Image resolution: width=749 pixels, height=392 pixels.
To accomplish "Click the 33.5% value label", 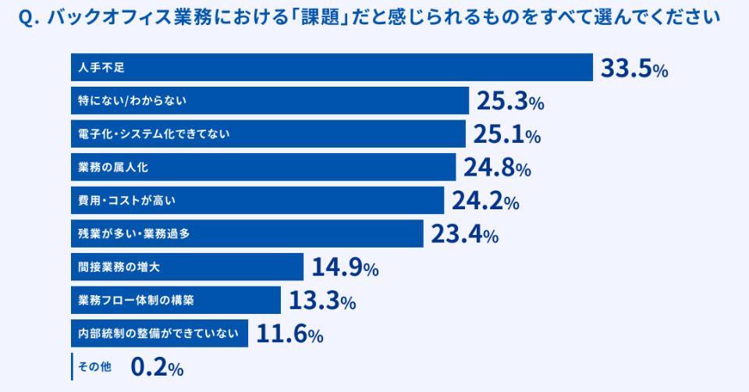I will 634,69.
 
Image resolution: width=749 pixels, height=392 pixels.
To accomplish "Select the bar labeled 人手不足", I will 332,67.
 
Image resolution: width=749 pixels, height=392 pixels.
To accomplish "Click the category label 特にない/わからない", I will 133,101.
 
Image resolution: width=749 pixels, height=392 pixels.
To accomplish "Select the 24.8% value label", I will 497,167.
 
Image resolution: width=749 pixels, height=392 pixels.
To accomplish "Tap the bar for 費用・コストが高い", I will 257,200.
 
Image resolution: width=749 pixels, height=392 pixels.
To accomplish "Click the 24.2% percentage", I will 485,201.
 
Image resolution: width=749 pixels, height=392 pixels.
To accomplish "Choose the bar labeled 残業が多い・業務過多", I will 247,233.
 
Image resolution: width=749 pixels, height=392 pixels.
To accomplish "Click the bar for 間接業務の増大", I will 186,266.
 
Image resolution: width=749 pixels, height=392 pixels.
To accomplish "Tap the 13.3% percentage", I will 322,301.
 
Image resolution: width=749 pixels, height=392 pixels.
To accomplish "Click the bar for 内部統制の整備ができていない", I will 159,333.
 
